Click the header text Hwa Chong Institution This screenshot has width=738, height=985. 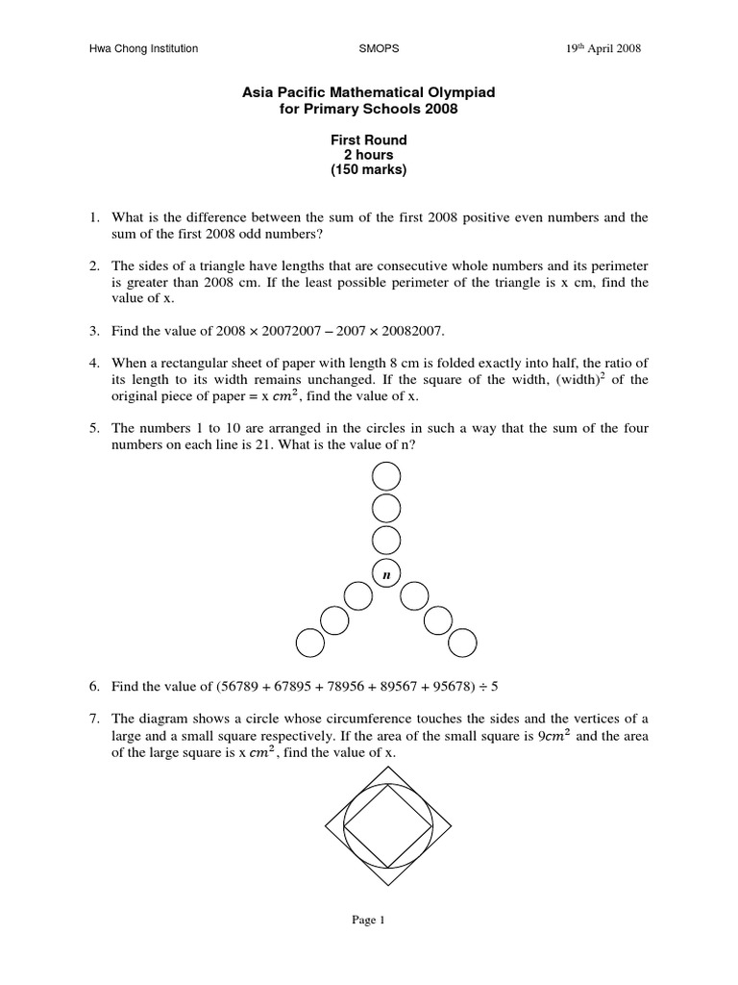tap(143, 49)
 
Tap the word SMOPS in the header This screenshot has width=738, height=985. tap(375, 49)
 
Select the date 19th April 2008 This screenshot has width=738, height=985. tap(603, 49)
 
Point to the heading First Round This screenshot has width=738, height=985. tap(369, 140)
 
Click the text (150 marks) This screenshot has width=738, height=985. tap(369, 170)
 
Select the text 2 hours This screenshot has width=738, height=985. tap(369, 155)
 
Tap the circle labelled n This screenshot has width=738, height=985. tap(386, 573)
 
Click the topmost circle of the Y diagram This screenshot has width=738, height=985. tap(386, 475)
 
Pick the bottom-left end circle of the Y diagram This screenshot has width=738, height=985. tap(310, 643)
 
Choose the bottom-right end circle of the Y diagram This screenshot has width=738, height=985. tap(462, 643)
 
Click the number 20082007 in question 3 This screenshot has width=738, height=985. tap(411, 331)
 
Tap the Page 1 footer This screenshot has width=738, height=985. tap(368, 921)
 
